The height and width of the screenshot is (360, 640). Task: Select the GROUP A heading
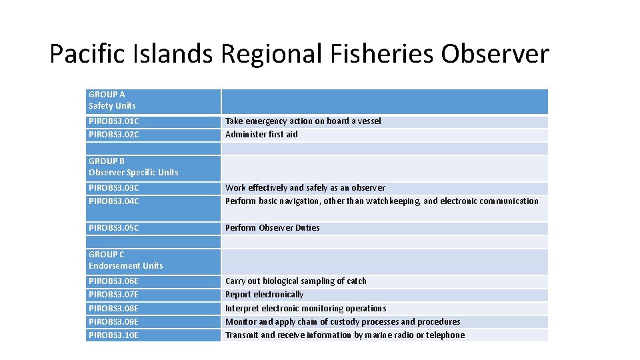point(107,95)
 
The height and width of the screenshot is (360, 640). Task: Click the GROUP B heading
point(107,161)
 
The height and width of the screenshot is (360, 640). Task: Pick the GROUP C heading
point(107,255)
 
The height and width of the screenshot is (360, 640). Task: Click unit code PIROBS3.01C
point(113,121)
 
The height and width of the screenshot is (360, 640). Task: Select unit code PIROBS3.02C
point(113,135)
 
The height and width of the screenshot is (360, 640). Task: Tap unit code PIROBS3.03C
point(113,188)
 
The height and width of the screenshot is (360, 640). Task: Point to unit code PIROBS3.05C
point(113,228)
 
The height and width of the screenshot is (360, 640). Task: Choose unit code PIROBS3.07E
point(113,295)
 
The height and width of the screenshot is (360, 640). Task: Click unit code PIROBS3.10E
point(113,335)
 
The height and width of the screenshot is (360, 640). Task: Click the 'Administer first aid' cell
point(261,135)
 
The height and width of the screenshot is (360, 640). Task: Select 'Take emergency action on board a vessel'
point(303,121)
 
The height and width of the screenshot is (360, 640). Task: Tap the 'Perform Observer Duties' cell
point(272,228)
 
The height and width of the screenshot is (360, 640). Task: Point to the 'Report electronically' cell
point(264,295)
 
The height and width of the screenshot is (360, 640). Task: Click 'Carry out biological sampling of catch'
point(295,281)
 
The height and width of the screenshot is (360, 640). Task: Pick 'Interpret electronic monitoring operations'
point(305,309)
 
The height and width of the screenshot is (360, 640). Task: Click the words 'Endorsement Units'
point(125,266)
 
